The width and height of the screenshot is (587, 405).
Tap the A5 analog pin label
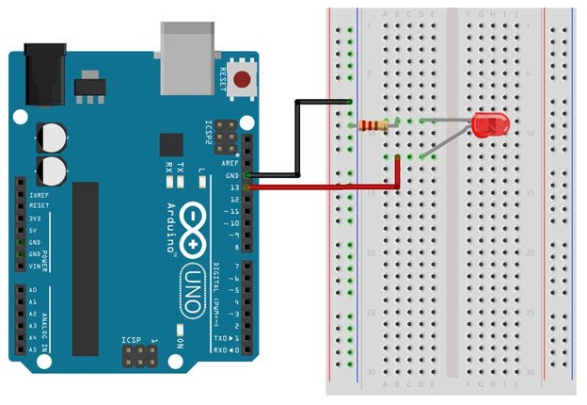34,348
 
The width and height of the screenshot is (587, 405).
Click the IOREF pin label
38,193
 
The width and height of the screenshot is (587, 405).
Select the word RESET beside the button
223,77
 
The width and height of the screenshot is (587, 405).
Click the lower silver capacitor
53,170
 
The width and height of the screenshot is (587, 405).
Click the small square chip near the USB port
170,144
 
